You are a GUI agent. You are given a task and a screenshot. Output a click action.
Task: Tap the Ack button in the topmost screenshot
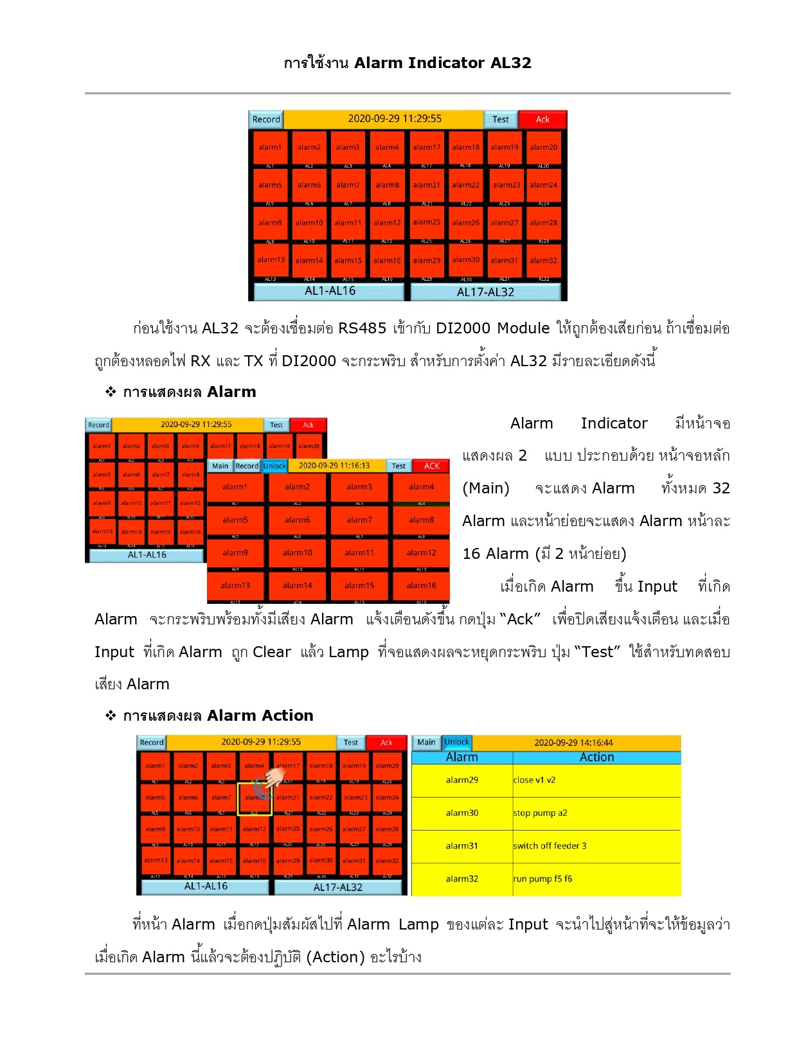[542, 119]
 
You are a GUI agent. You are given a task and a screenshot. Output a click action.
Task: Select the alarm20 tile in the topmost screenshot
[543, 148]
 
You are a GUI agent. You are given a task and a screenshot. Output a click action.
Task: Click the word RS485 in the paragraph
[362, 328]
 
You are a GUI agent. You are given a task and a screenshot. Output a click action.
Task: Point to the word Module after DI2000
[523, 328]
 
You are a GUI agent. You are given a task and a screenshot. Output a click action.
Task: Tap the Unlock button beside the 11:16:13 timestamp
[274, 466]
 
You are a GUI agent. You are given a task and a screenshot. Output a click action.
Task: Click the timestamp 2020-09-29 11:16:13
[334, 466]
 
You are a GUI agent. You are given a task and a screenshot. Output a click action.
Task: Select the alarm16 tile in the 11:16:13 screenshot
[421, 585]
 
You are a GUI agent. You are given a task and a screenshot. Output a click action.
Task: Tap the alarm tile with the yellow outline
[255, 798]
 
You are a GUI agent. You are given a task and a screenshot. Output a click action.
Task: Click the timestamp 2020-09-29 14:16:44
[573, 743]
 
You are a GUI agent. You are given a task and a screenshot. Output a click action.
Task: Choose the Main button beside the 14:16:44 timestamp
[426, 742]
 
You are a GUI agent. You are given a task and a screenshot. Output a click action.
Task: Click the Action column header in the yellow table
[596, 757]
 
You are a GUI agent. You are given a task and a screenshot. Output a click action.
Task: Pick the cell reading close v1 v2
[534, 780]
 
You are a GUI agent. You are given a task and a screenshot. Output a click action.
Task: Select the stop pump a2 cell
[540, 813]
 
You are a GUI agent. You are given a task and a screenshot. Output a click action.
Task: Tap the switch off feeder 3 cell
[550, 846]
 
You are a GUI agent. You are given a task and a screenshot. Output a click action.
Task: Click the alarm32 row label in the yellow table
[461, 879]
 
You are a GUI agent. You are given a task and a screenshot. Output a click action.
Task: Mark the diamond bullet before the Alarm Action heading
[111, 715]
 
